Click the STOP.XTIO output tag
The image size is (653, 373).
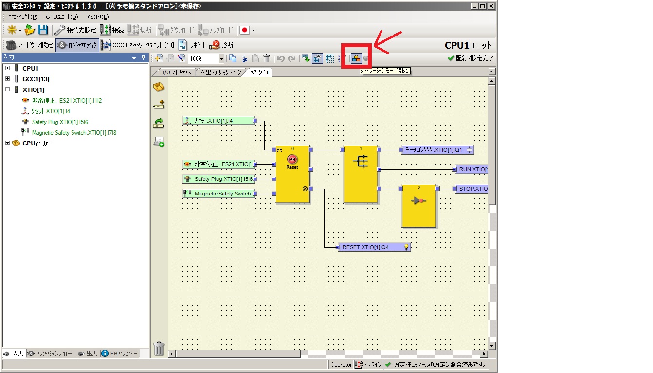(x=472, y=189)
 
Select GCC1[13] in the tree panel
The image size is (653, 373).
(x=36, y=79)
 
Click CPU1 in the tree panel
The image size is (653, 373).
(x=30, y=68)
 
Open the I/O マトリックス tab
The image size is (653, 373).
(x=176, y=72)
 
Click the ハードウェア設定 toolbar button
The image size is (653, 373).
(x=29, y=45)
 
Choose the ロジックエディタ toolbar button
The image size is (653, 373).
(x=77, y=45)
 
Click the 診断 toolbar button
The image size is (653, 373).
(x=222, y=45)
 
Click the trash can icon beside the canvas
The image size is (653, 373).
(x=159, y=348)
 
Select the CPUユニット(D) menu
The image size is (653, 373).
(x=62, y=17)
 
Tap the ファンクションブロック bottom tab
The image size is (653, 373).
(x=52, y=354)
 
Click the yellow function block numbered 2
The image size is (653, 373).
(x=419, y=206)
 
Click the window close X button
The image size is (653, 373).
(x=491, y=6)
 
